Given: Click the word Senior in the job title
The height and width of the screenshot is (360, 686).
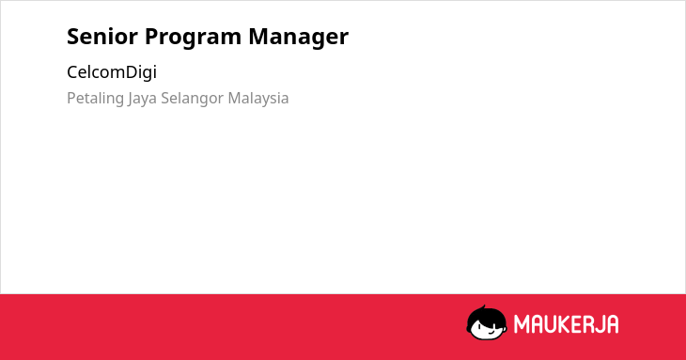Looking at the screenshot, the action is pos(102,36).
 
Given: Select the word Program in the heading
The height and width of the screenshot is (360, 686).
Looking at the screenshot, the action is pos(193,38).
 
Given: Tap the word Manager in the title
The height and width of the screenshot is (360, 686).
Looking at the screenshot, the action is pos(299,38).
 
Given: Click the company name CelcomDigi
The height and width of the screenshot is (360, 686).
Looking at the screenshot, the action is pos(112,72).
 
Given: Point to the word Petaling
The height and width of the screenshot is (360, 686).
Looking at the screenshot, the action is pos(95,99).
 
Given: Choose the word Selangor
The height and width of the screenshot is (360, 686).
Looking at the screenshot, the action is pos(192,99).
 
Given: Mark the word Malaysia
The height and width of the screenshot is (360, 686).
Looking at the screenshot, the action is pos(258,99).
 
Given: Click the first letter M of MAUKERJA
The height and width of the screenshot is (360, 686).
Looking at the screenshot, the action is pos(522,324).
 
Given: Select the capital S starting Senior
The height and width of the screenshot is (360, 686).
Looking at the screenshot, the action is pos(72,37).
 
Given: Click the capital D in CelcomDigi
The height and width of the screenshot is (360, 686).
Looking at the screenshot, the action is pos(132,72).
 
